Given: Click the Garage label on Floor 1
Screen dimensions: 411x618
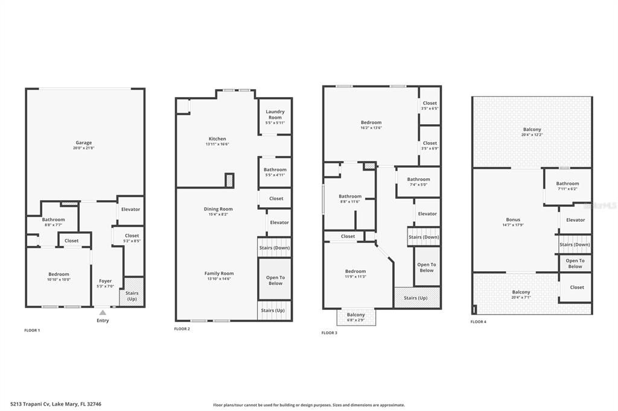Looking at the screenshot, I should (x=84, y=143).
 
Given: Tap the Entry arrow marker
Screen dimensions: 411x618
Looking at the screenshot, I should (x=103, y=312).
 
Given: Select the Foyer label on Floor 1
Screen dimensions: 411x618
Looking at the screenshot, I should (x=105, y=281).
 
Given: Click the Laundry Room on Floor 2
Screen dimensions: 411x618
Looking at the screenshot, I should (x=275, y=115).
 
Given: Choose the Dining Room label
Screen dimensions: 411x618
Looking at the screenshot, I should (x=218, y=209).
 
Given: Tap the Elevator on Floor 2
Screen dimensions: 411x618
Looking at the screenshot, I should (x=279, y=222).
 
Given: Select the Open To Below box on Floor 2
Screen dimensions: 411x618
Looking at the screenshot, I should (x=275, y=280).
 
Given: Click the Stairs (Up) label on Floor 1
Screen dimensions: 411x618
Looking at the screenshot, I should (x=132, y=296).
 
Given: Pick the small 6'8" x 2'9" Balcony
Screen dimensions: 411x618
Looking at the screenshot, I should (x=355, y=316).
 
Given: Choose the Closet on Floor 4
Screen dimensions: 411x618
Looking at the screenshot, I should (x=576, y=287).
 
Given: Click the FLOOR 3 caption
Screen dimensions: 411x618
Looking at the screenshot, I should (x=330, y=333).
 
